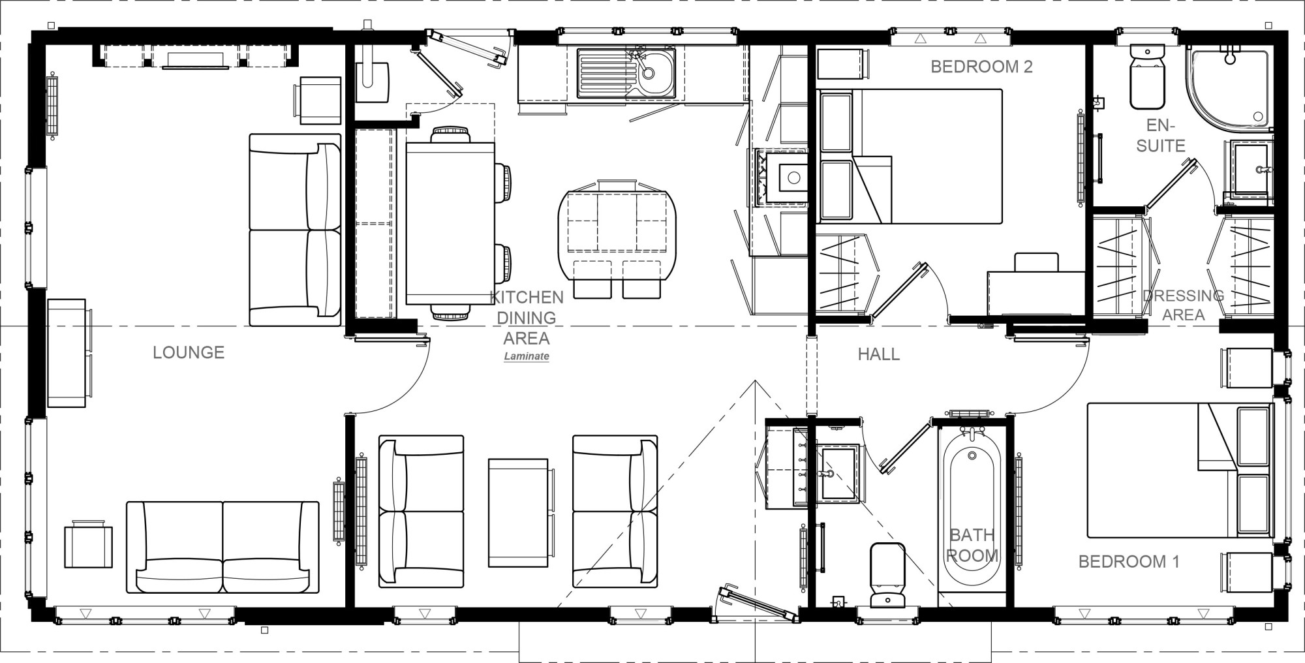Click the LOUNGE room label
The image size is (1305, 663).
click(x=189, y=353)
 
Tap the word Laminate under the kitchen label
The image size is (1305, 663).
click(x=526, y=357)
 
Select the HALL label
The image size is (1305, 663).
click(x=878, y=354)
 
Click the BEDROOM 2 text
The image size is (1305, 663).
click(x=981, y=67)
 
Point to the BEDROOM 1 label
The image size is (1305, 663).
click(x=1129, y=562)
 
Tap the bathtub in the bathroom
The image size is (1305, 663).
click(x=972, y=509)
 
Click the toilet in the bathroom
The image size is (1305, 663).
click(x=887, y=574)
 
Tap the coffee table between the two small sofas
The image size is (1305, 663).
click(x=518, y=513)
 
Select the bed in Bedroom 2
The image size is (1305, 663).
click(x=927, y=157)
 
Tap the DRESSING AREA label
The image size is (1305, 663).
click(x=1183, y=305)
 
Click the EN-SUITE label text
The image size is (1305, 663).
click(x=1161, y=136)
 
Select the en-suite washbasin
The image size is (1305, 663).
click(x=1250, y=170)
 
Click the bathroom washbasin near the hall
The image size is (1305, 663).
click(x=838, y=472)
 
